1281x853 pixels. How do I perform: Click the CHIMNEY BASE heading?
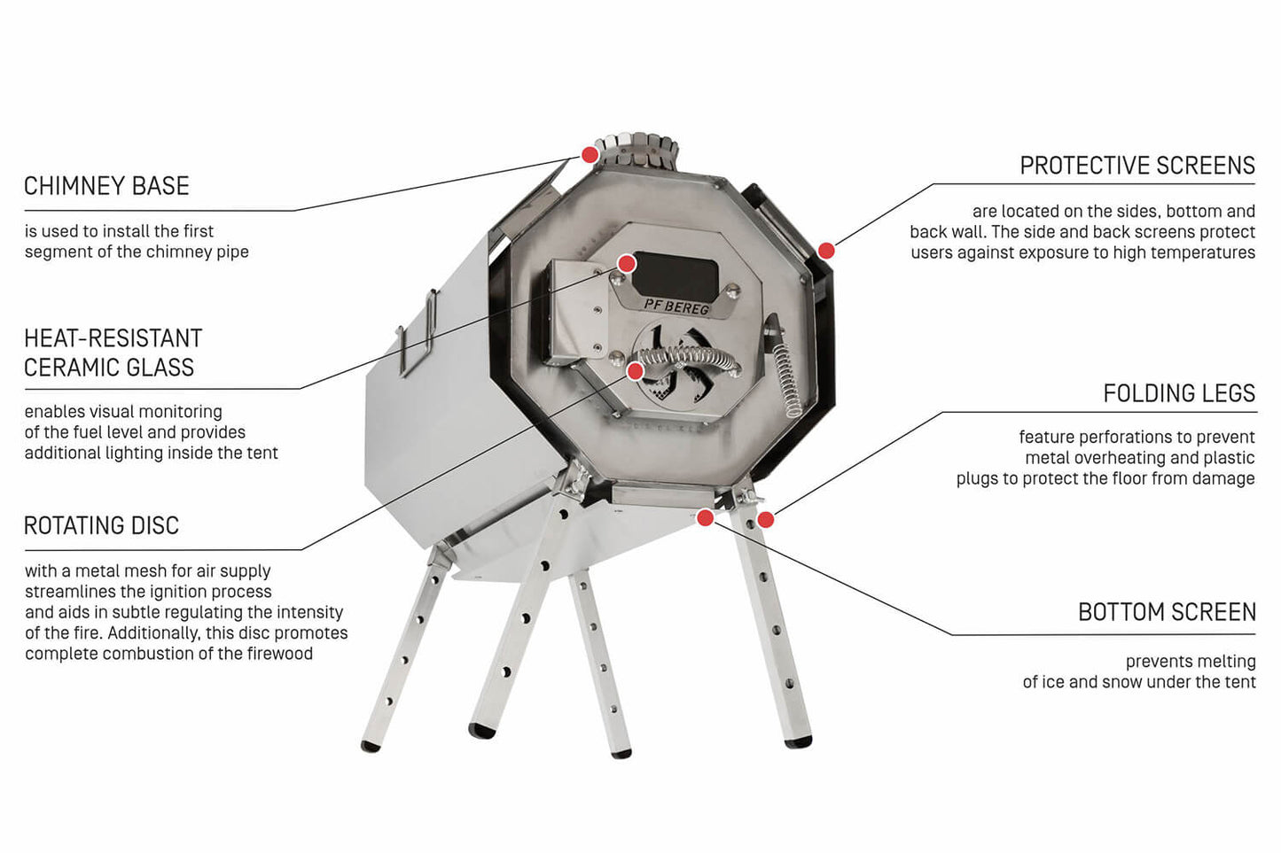tap(106, 186)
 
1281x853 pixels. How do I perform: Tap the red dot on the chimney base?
tap(590, 155)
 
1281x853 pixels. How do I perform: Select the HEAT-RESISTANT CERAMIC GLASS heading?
tap(113, 353)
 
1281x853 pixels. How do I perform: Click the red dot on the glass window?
tap(627, 263)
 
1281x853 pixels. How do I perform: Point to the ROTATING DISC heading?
tap(101, 525)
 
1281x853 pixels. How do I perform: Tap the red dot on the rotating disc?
tap(636, 370)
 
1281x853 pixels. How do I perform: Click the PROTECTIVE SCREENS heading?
tap(1136, 166)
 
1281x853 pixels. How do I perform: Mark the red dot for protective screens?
tap(826, 251)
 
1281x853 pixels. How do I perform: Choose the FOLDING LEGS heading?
tap(1178, 393)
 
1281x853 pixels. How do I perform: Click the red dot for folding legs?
tap(766, 519)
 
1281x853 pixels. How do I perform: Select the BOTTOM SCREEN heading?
tap(1166, 612)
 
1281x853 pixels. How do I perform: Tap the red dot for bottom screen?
tap(705, 517)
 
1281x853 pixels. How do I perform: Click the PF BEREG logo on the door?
tap(676, 306)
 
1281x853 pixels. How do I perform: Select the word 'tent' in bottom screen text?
tap(1239, 682)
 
